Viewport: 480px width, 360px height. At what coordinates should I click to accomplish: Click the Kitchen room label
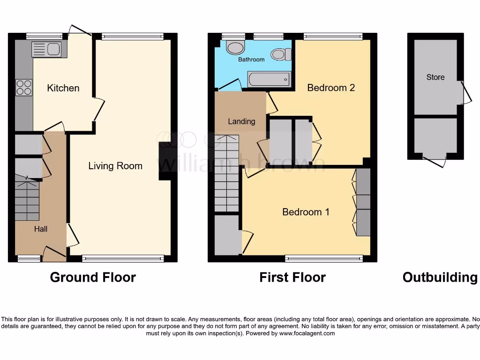point(63,88)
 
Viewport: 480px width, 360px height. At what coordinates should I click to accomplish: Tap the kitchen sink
point(46,49)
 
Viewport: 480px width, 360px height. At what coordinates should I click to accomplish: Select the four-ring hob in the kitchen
point(24,87)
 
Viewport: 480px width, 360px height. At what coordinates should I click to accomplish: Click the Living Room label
point(115,166)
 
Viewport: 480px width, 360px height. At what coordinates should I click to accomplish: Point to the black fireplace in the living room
point(165,161)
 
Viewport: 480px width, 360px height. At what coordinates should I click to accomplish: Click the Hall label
point(40,229)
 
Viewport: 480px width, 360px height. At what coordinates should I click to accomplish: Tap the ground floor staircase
point(27,199)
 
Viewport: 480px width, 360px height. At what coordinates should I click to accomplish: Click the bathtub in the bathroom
point(270,79)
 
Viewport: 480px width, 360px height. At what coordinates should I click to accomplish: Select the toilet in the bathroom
point(281,55)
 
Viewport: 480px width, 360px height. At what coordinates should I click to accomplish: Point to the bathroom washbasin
point(235,47)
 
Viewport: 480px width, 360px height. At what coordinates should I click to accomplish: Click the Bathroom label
point(251,60)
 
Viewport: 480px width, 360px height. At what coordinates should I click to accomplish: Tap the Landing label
point(241,121)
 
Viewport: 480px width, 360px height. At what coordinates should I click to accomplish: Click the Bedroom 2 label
point(331,88)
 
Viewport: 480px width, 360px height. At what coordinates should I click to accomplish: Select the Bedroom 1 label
point(306,212)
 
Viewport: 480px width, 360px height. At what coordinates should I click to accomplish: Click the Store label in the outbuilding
point(435,77)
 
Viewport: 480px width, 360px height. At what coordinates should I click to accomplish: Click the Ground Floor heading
point(93,277)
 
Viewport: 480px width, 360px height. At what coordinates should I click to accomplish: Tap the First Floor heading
point(292,277)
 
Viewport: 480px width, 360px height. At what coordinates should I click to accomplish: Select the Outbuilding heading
point(440,277)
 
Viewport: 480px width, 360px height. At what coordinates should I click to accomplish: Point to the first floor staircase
point(227,173)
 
